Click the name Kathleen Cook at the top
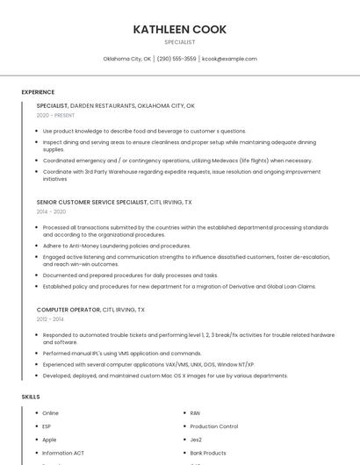(x=179, y=29)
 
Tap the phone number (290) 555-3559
(x=176, y=59)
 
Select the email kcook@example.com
(x=229, y=59)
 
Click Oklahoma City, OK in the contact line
(x=127, y=59)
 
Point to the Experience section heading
(x=38, y=92)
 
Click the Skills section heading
(x=31, y=397)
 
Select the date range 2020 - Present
(x=55, y=115)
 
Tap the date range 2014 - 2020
(x=51, y=211)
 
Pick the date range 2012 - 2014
(x=50, y=319)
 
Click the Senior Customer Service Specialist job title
(x=92, y=202)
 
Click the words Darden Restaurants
(x=107, y=105)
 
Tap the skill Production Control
(x=213, y=426)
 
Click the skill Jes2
(x=196, y=440)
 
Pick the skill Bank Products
(x=208, y=453)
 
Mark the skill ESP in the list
(x=47, y=426)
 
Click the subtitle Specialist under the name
(x=179, y=42)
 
